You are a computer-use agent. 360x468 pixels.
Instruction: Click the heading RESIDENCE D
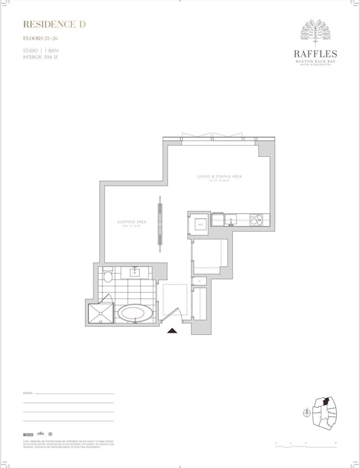coord(54,24)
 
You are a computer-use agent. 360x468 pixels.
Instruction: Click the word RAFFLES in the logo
coord(316,53)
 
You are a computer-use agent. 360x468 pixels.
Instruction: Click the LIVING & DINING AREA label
coord(219,177)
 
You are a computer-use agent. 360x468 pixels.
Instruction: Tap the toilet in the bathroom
coord(108,275)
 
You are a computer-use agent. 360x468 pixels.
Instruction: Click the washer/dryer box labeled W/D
coord(199,224)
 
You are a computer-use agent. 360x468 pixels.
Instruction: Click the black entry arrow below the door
coord(172,330)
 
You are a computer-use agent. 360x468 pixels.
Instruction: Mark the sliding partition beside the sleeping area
coord(160,223)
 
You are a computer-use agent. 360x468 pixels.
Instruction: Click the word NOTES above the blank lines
coord(27,394)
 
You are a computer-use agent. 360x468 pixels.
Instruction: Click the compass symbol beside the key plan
coord(306,413)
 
